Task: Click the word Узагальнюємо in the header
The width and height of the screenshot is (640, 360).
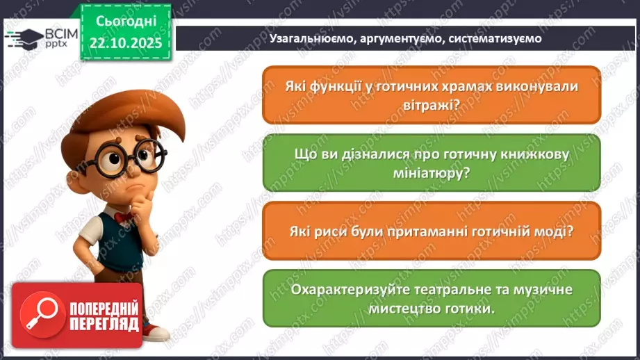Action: click(x=310, y=39)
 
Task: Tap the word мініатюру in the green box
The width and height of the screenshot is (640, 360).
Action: click(x=432, y=174)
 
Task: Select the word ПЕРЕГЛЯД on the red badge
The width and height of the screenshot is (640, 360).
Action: click(x=104, y=325)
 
